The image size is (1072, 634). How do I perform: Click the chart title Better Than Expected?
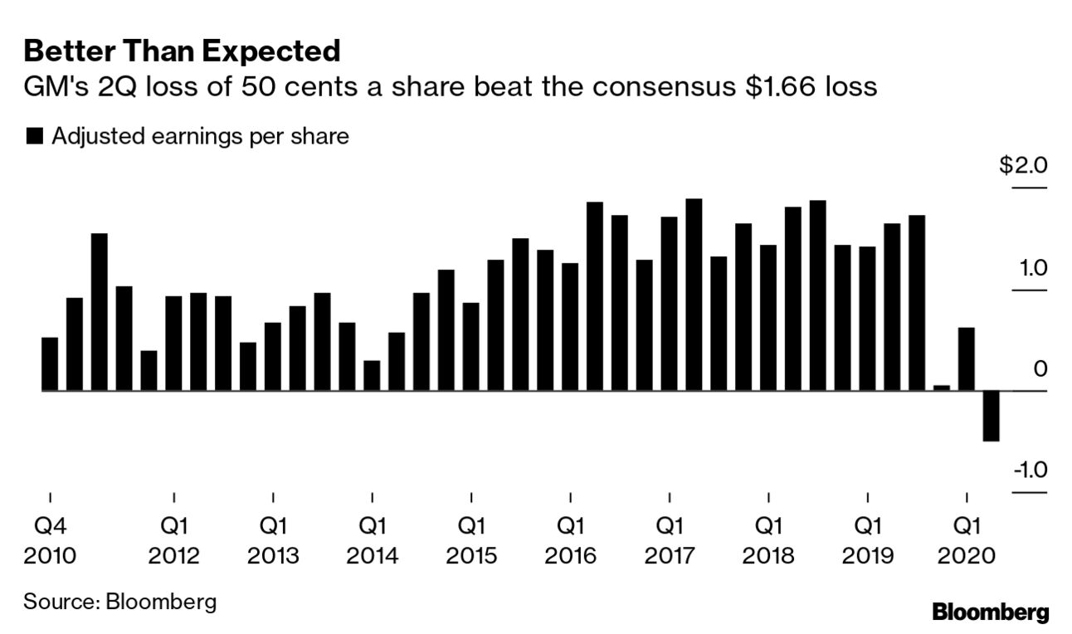[182, 51]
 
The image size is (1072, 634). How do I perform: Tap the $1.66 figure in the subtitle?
[778, 86]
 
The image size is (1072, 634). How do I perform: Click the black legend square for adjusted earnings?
[34, 137]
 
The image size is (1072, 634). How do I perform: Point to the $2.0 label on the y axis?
[1023, 166]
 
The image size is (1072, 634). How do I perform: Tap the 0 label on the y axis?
[1040, 369]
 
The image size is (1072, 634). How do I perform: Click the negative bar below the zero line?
[991, 416]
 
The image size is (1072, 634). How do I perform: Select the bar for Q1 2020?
[966, 358]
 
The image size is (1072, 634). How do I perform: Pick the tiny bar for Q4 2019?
[941, 388]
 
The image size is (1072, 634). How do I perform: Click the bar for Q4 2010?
[50, 363]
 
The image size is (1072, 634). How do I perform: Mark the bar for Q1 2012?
[173, 343]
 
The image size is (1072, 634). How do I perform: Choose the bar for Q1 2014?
[372, 375]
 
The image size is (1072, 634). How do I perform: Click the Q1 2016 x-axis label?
[570, 539]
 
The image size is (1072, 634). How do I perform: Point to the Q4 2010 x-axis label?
[50, 539]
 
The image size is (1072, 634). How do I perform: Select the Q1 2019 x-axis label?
[868, 539]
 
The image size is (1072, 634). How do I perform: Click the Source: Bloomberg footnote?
[119, 600]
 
